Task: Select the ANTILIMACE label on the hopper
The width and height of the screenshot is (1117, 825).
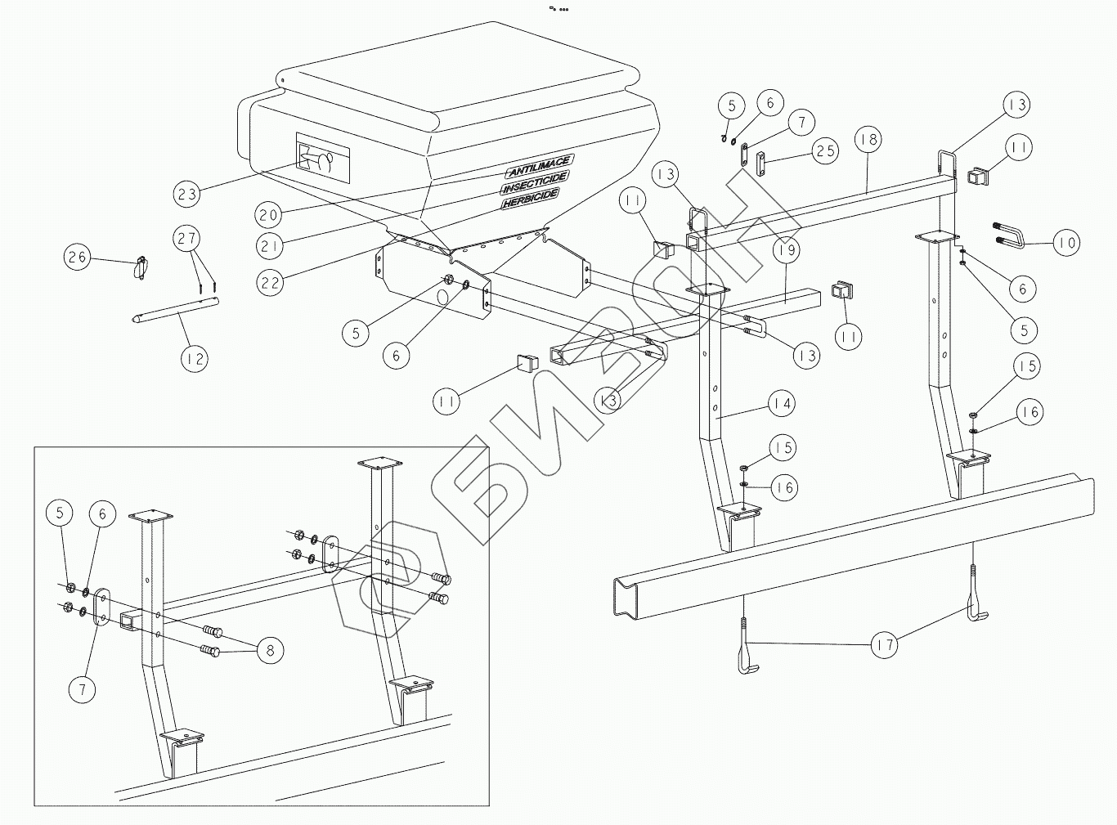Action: click(538, 166)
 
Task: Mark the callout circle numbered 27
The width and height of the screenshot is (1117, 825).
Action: click(187, 239)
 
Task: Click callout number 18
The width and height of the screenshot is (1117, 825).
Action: click(869, 140)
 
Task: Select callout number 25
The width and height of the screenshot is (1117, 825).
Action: click(824, 150)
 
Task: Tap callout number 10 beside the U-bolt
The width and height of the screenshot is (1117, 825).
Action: click(1065, 242)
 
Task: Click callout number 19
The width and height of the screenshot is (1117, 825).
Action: click(787, 250)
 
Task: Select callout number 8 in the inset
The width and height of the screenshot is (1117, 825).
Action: click(270, 651)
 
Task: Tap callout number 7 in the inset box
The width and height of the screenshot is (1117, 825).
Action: click(82, 689)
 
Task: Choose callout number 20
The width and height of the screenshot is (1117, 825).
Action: click(269, 215)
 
